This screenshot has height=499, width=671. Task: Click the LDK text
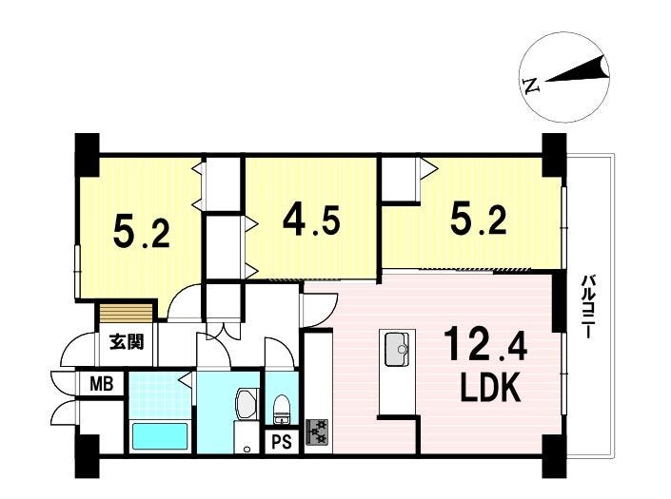pos(490,387)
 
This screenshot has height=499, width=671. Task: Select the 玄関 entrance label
pos(127,342)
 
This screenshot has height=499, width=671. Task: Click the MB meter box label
pos(102,384)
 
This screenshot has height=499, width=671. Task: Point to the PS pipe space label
pos(282,442)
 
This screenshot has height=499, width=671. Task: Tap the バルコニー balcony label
pos(586,307)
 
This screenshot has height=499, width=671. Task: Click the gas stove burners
pos(317,432)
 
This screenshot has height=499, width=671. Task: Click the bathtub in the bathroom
pos(160,436)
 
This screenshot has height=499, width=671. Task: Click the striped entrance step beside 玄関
pos(126,313)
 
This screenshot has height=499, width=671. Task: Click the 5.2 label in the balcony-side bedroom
pos(479,220)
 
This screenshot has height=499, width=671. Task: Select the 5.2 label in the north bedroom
pos(142,232)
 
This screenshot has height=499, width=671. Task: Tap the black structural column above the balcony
pos(554,156)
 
